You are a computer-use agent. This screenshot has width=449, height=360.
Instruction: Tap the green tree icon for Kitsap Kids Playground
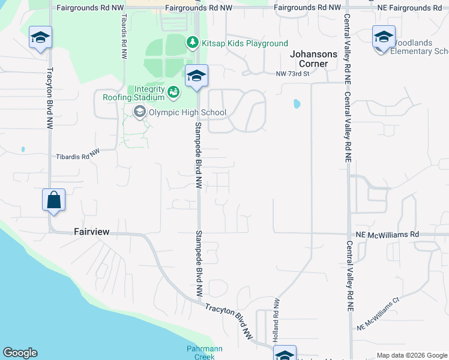click(x=192, y=42)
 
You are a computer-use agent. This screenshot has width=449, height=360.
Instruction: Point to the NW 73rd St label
click(x=292, y=74)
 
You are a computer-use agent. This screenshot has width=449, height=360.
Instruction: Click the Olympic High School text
click(x=188, y=112)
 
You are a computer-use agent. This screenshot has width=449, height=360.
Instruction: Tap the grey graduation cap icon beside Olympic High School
click(x=140, y=112)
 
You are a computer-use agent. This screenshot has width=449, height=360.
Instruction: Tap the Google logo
click(x=20, y=353)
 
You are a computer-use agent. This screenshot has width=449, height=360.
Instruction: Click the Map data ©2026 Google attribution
click(x=412, y=355)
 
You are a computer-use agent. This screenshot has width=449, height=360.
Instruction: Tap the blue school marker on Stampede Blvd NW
click(x=196, y=76)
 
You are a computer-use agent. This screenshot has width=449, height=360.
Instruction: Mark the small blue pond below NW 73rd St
click(x=296, y=104)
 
